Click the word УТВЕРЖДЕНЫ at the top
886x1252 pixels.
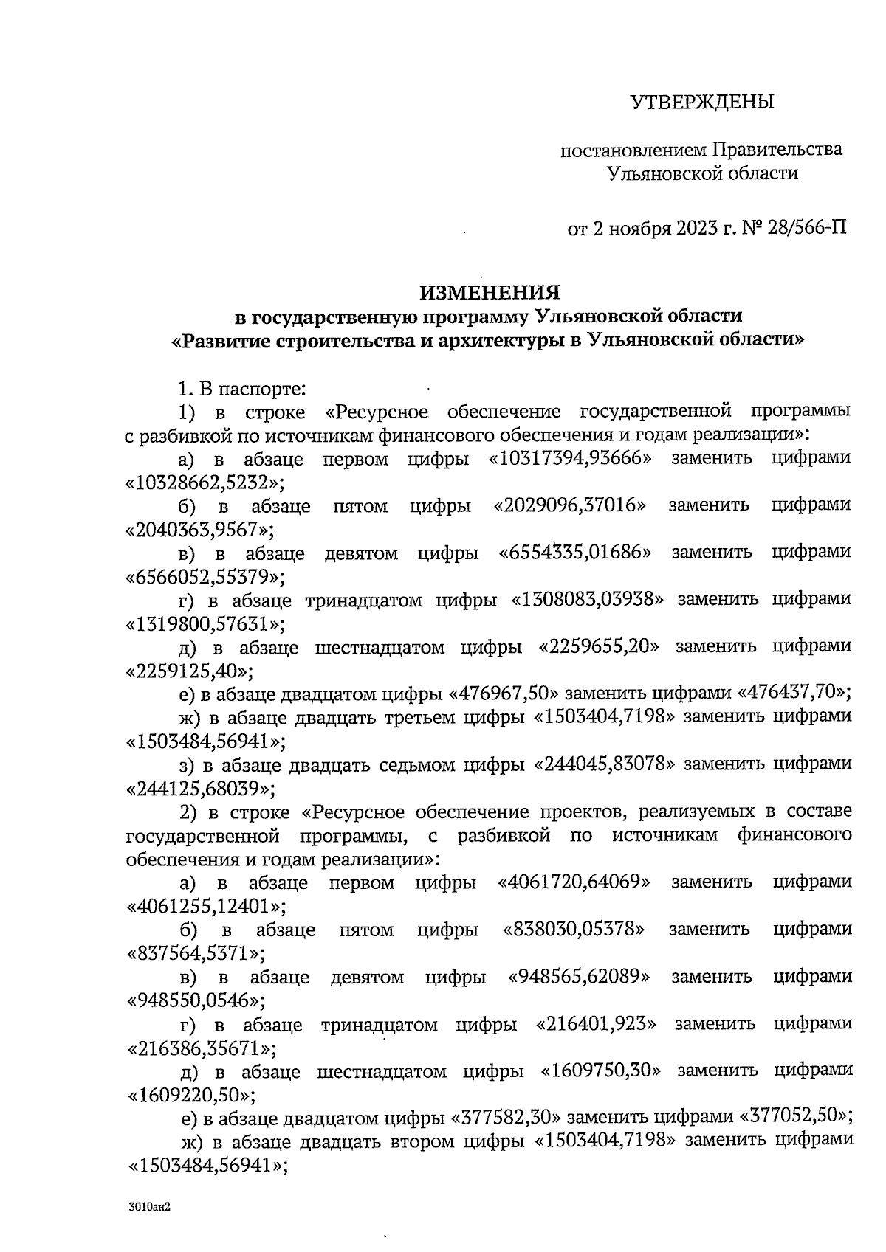coord(701,102)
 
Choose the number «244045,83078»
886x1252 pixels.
coord(604,764)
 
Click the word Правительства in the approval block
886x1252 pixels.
coord(777,150)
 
